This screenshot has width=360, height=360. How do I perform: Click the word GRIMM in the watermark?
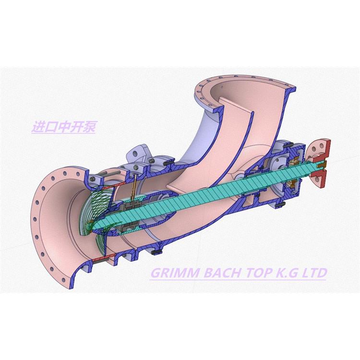pos(175,273)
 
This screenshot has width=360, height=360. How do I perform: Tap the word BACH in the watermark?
pos(222,273)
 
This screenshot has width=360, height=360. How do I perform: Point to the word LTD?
pos(314,273)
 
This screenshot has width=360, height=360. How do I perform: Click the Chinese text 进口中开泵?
pos(63,127)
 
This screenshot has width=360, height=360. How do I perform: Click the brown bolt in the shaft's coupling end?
pos(322,164)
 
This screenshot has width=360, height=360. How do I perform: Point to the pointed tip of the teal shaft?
pos(94,228)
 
